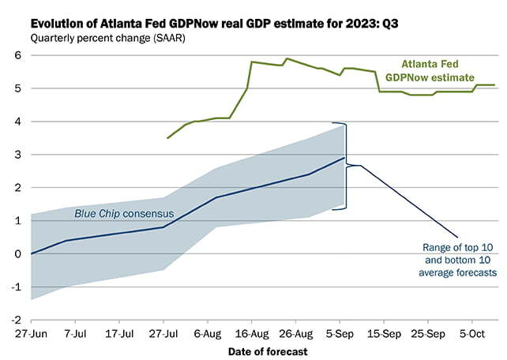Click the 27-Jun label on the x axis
point(31,333)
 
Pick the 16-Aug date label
point(251,333)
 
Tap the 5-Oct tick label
point(472,333)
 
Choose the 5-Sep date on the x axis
point(340,333)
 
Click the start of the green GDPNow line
point(167,138)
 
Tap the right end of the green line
point(494,85)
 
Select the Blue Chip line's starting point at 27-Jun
point(31,253)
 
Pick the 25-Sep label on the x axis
point(428,333)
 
